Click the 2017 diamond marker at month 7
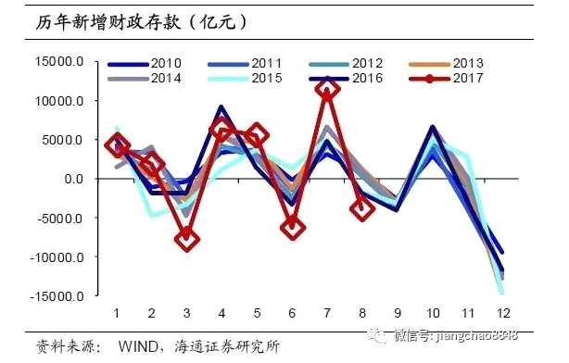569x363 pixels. point(327,89)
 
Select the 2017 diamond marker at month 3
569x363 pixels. point(187,239)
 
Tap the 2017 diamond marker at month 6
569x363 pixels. point(292,225)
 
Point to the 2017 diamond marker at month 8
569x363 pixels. point(361,207)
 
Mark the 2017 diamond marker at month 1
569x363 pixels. point(117,144)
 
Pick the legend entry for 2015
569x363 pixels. point(246,78)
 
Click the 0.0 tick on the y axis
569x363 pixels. point(75,179)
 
